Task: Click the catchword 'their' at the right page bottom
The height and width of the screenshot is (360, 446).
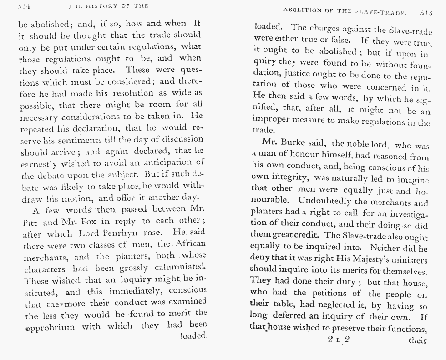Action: tap(417, 340)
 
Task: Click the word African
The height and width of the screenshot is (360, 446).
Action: tap(190, 243)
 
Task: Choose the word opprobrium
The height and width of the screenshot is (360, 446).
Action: tap(51, 326)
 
